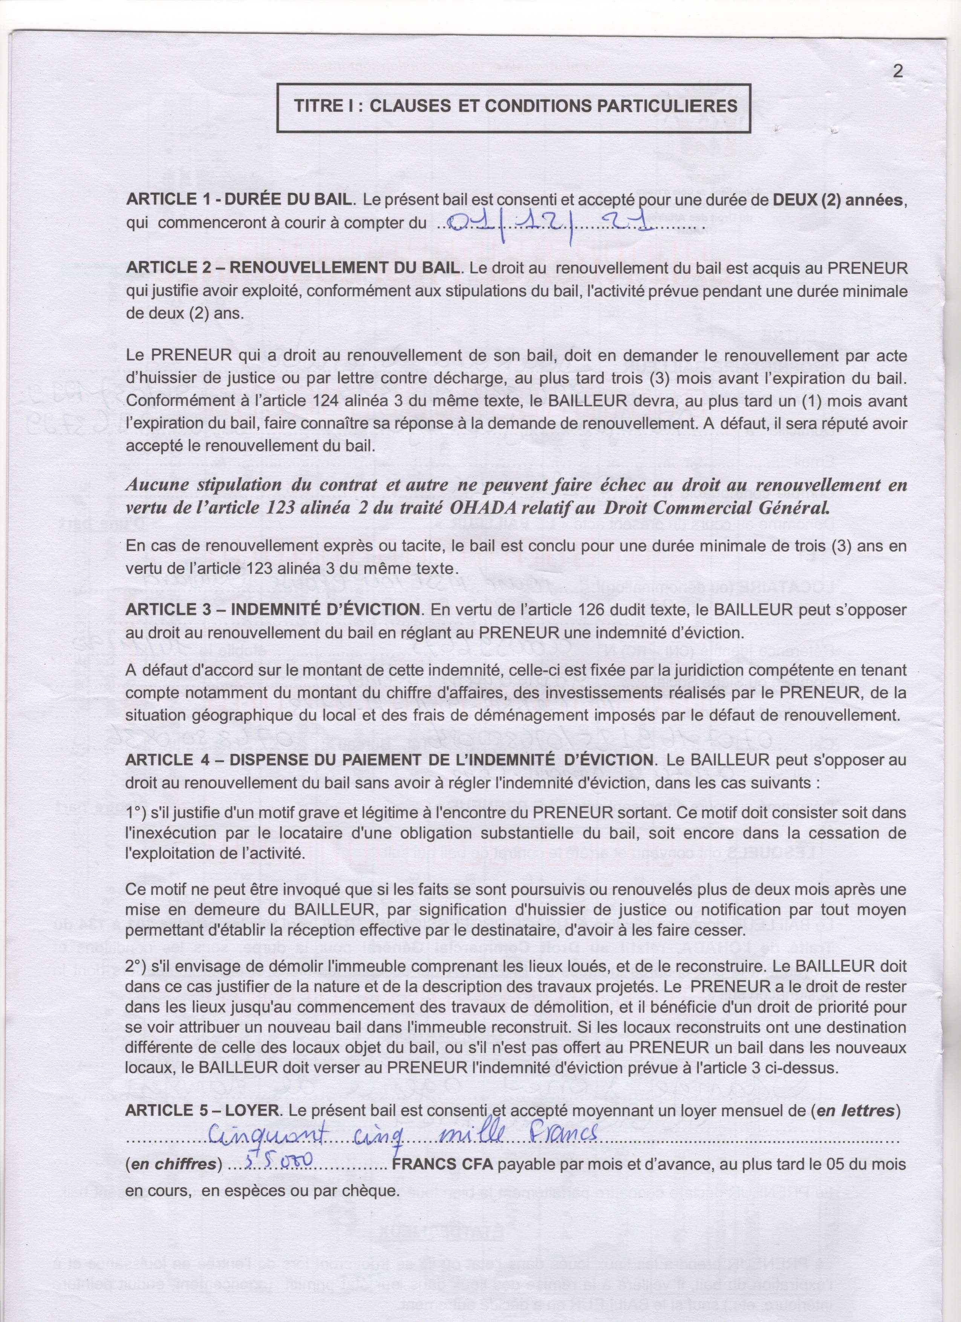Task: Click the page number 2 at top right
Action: (x=897, y=71)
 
